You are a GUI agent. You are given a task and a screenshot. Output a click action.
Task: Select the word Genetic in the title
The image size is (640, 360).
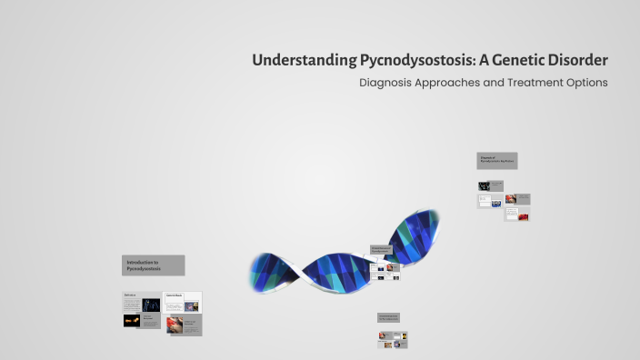tap(513, 60)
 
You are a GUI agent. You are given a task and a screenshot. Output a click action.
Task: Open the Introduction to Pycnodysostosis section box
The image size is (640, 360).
tap(154, 265)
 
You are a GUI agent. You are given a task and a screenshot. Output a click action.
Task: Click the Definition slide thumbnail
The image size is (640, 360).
tap(142, 302)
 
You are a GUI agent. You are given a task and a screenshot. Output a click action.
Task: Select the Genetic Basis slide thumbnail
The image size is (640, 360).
tap(183, 302)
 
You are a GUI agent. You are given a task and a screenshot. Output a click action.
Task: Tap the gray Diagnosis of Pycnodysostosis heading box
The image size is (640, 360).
tap(497, 161)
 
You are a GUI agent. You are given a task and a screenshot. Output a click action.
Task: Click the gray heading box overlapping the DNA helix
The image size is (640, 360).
tap(382, 250)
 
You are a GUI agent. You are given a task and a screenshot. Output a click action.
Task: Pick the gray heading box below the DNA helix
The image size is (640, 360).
tap(389, 318)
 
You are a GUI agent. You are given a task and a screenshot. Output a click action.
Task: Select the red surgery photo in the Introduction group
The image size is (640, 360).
tap(175, 325)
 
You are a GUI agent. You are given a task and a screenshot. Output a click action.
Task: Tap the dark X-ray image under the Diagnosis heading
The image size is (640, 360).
tap(485, 185)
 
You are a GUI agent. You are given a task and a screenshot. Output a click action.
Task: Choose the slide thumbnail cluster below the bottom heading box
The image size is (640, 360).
tap(393, 339)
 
